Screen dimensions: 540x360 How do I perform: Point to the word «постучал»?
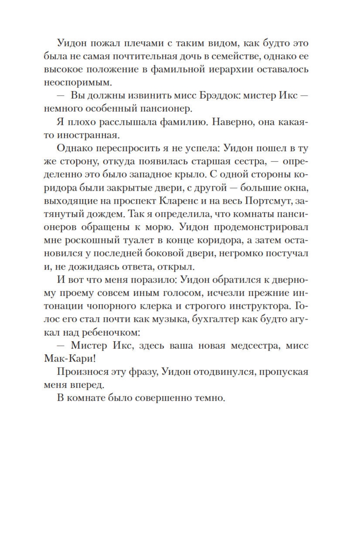[287, 253]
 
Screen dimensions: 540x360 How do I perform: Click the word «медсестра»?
[255, 345]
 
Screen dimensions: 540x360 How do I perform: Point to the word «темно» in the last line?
[210, 398]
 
